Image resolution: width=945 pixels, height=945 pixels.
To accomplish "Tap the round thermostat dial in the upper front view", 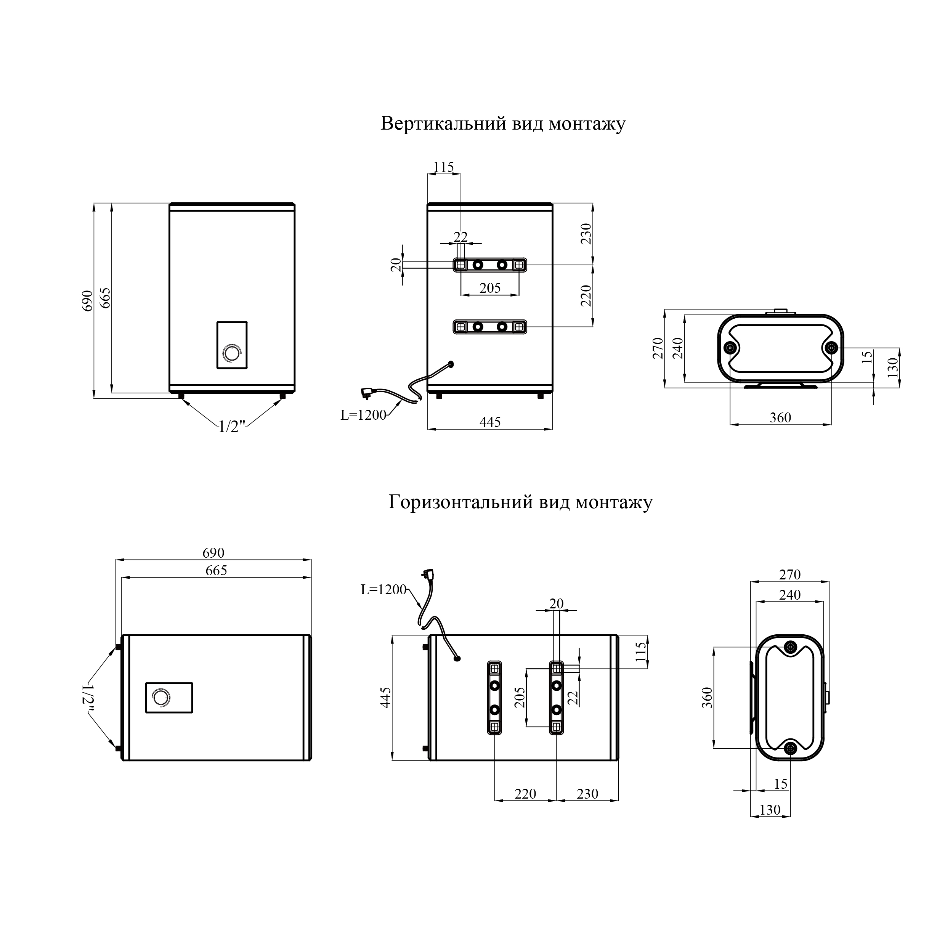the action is point(231,353).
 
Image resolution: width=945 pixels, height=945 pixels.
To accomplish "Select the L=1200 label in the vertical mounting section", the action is point(363,415).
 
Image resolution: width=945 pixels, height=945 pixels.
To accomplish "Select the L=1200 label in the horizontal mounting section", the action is point(383,590).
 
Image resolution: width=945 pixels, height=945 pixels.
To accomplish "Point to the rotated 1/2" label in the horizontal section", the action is point(88,697).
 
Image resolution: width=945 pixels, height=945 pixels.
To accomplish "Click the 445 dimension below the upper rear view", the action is point(490,422).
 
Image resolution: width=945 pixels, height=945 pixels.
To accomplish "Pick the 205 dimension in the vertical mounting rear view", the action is point(490,288).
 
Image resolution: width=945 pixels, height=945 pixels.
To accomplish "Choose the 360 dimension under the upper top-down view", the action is point(780,418).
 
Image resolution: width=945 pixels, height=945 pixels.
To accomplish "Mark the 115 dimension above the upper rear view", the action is point(444,167).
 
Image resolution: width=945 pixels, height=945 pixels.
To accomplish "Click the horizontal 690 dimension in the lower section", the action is point(213,553).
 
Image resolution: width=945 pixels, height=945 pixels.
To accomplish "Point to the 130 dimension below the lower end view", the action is point(770,810).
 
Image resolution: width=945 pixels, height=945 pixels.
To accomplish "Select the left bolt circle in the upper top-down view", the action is point(730,348).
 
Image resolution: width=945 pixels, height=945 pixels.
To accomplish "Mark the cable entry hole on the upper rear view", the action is point(451,364).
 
